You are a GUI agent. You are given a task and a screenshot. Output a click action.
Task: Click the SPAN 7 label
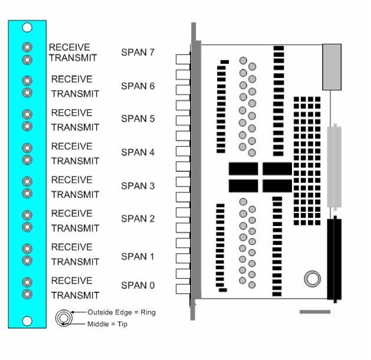point(137,53)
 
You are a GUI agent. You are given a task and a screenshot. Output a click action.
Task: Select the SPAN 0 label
point(137,286)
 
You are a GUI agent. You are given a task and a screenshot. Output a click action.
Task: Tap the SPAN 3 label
point(137,186)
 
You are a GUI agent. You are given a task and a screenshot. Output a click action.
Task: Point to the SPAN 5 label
point(137,119)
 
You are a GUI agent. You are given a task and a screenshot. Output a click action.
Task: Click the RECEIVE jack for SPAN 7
point(27,47)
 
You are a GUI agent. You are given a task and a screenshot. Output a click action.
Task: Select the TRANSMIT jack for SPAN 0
point(27,294)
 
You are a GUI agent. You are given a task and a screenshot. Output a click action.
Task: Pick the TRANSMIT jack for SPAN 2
point(27,227)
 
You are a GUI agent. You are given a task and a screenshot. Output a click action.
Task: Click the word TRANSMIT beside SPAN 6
point(75,94)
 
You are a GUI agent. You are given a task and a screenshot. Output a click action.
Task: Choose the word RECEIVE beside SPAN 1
point(71,247)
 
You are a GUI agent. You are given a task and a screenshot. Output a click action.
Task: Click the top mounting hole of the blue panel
point(27,27)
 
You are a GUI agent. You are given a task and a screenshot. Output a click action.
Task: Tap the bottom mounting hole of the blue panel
point(27,320)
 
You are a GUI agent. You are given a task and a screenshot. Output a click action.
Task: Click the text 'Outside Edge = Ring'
point(122,312)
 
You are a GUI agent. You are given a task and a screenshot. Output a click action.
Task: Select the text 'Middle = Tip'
point(107,324)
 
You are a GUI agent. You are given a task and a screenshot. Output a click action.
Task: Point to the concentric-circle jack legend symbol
point(63,318)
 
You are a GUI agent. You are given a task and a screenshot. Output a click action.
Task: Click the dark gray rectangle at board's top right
point(331,67)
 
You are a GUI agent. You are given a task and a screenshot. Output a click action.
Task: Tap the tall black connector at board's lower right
point(334,259)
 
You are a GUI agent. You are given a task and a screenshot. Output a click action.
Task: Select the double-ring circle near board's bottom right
point(312,279)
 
